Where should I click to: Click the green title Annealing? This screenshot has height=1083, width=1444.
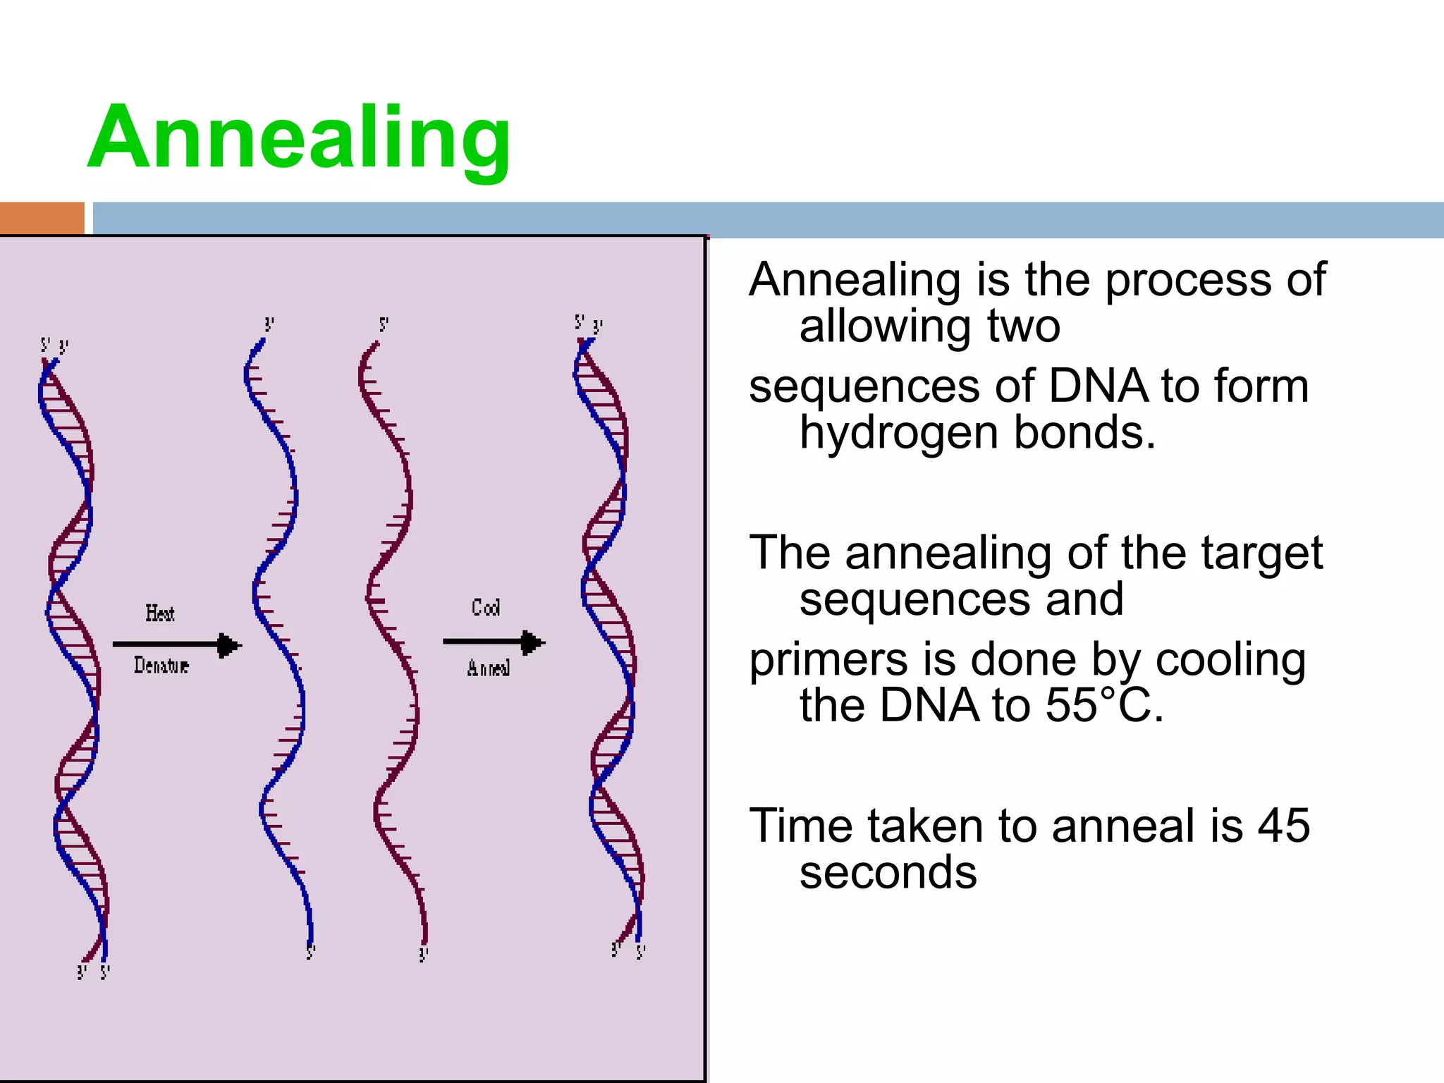pos(299,139)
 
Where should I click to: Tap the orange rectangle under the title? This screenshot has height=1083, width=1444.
pos(42,218)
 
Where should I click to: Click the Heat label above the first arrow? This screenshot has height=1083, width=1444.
pos(160,613)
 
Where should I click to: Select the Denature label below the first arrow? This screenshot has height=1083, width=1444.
pos(161,665)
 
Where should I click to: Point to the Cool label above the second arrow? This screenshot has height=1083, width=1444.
pos(486,607)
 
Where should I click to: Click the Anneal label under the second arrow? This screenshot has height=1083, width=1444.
pos(488,668)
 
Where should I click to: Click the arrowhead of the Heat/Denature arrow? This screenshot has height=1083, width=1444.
pos(229,644)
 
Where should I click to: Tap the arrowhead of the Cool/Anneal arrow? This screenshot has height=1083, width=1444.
pos(532,642)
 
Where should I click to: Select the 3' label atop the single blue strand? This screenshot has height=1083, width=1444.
pos(269,325)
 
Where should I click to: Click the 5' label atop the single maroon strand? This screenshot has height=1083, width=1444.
pos(384,325)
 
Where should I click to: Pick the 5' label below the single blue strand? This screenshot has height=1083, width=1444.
pos(310,953)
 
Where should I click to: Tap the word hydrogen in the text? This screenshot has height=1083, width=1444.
pos(898,432)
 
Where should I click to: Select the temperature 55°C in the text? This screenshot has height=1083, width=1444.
pos(1104,705)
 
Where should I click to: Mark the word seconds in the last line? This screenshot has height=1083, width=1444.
pos(888,873)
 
